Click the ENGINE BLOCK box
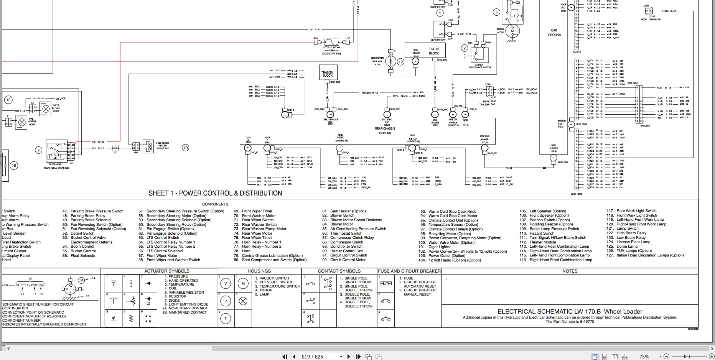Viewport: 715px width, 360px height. pyautogui.click(x=434, y=51)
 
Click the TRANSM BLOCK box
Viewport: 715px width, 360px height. pyautogui.click(x=327, y=74)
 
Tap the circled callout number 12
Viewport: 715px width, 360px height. pyautogui.click(x=400, y=62)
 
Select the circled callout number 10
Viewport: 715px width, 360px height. pyautogui.click(x=185, y=148)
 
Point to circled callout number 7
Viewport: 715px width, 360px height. pyautogui.click(x=38, y=150)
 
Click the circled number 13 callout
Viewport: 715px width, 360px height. pyautogui.click(x=8, y=100)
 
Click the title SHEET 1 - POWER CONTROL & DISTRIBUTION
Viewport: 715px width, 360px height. pyautogui.click(x=215, y=193)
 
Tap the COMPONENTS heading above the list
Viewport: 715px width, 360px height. pyautogui.click(x=215, y=204)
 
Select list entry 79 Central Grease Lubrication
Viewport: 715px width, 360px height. pyautogui.click(x=272, y=255)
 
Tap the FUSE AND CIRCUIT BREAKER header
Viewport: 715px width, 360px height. pyautogui.click(x=409, y=271)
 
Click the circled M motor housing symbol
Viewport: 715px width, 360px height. pyautogui.click(x=243, y=284)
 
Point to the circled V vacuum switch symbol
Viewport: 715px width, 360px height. pyautogui.click(x=226, y=284)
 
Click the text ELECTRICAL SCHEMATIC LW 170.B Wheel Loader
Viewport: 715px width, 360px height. pyautogui.click(x=570, y=311)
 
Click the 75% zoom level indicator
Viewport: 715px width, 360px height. pyautogui.click(x=644, y=357)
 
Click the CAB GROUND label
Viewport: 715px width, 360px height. pyautogui.click(x=554, y=33)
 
